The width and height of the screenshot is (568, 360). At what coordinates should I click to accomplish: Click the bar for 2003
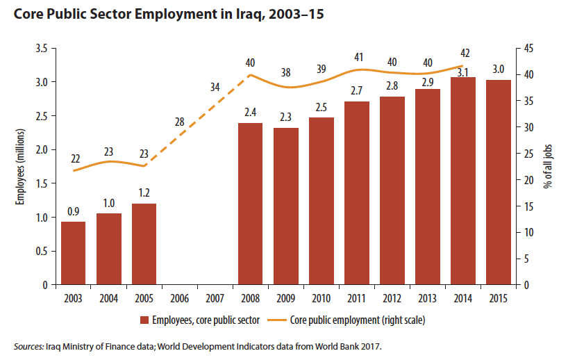click(73, 253)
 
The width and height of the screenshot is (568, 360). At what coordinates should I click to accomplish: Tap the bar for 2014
click(462, 181)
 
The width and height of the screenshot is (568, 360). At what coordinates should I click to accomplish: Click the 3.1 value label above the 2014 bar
click(462, 70)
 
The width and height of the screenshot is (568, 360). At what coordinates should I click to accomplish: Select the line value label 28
click(179, 122)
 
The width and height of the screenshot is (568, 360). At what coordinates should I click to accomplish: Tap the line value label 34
click(215, 88)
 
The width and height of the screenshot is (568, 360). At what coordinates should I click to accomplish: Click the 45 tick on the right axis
click(529, 49)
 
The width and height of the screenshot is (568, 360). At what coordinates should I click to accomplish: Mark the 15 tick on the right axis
click(529, 206)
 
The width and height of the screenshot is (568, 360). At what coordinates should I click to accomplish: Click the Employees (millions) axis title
click(22, 166)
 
